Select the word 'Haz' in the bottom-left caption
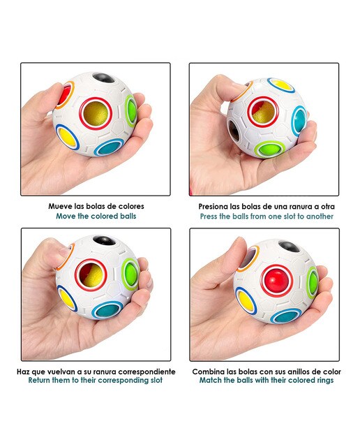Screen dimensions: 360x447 (23, 372)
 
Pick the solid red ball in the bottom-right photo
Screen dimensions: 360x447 (277, 281)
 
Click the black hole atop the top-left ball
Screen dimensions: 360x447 (103, 78)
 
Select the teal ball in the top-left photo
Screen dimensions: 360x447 (109, 147)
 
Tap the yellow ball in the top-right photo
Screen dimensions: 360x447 (281, 85)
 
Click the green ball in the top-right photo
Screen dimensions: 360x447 (269, 149)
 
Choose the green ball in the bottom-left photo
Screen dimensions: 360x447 (130, 274)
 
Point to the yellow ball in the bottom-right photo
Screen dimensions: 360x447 (246, 300)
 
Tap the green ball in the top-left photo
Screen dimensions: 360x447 (132, 110)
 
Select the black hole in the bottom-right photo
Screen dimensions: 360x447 (289, 247)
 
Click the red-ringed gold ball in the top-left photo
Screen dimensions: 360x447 (96, 114)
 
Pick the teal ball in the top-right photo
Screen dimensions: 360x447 (299, 119)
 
